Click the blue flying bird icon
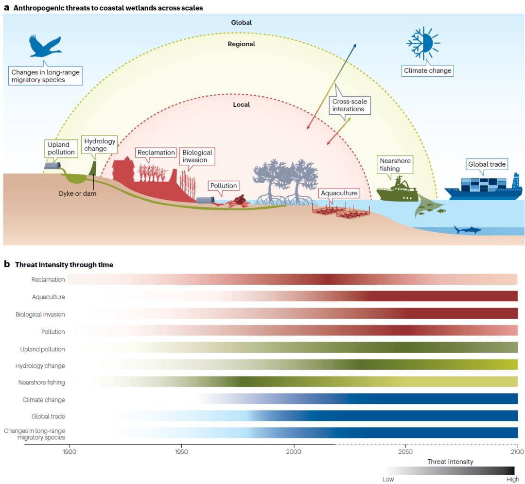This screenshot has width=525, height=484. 45,46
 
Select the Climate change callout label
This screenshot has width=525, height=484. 428,70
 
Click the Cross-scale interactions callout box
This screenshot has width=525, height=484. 350,105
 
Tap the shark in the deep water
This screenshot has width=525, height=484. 467,230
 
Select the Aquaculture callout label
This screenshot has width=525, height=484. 339,193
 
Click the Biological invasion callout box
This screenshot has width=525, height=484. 197,156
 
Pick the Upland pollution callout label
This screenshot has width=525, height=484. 61,148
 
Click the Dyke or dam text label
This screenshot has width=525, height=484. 78,193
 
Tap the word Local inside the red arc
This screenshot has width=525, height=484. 242,104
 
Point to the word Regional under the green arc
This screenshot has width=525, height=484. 242,44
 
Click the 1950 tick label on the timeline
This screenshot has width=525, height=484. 181,451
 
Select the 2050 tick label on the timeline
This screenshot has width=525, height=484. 405,451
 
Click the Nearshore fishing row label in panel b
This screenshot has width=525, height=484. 41,382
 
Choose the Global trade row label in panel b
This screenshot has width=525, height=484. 48,416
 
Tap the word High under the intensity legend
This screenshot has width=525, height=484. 513,479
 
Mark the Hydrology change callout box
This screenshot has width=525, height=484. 100,145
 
